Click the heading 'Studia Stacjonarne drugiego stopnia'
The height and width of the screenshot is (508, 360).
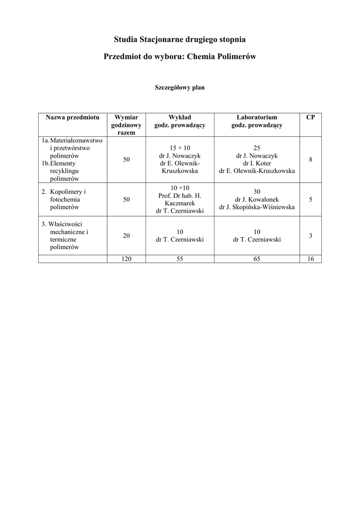tap(180, 39)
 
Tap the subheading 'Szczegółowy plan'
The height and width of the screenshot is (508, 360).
tap(180, 87)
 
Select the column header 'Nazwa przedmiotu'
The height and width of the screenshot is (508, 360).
tap(72, 118)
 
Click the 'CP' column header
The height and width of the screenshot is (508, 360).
tap(310, 118)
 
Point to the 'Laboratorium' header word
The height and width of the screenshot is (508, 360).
tap(257, 118)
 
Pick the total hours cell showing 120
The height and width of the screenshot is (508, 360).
tap(127, 259)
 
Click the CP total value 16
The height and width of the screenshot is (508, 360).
tap(310, 259)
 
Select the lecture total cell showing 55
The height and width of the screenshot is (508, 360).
tap(180, 259)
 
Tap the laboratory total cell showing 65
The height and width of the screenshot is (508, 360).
tap(257, 259)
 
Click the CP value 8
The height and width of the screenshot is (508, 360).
tap(310, 160)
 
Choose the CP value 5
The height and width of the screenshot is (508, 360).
tap(310, 199)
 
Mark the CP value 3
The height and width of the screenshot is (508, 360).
tap(310, 236)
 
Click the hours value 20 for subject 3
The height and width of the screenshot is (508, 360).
tap(127, 236)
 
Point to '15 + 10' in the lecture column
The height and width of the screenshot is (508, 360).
tap(180, 148)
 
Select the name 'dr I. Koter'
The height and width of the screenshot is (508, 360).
tap(257, 163)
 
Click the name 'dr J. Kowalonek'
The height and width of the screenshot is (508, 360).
tap(257, 199)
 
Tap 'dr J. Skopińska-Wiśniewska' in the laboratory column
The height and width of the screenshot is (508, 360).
tap(257, 207)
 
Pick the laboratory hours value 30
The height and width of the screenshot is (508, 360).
tap(257, 192)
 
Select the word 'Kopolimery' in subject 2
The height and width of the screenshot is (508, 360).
tap(67, 192)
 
